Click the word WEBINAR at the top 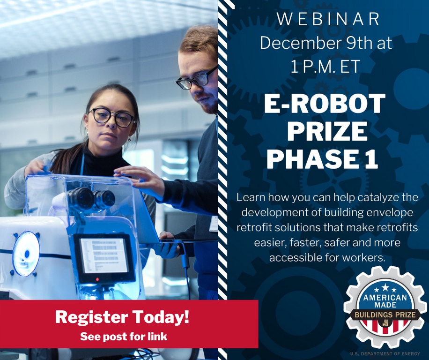point(328,19)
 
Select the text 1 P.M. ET point(325,67)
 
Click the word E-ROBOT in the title point(325,104)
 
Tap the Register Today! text point(122,317)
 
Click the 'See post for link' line point(124,337)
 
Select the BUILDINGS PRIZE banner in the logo point(385,315)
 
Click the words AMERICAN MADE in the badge point(385,300)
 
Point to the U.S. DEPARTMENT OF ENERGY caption point(385,354)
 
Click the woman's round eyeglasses point(111,117)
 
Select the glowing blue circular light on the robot point(26,254)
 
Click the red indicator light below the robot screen point(97,279)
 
